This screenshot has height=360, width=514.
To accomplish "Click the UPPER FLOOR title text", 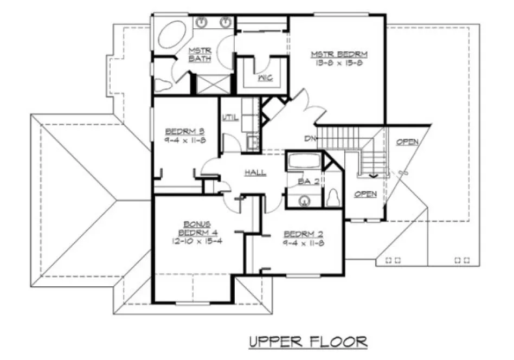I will (x=308, y=342).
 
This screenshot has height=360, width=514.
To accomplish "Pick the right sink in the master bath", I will (x=225, y=22).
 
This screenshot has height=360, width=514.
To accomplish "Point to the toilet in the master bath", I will (x=162, y=86).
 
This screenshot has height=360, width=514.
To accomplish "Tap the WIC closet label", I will (x=265, y=78).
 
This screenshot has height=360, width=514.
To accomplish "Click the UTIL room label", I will (x=230, y=118).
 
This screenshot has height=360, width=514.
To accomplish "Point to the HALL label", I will (x=255, y=172).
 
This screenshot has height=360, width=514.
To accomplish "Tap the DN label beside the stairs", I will (x=310, y=139).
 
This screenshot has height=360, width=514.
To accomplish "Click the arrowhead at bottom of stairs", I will (x=372, y=175).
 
